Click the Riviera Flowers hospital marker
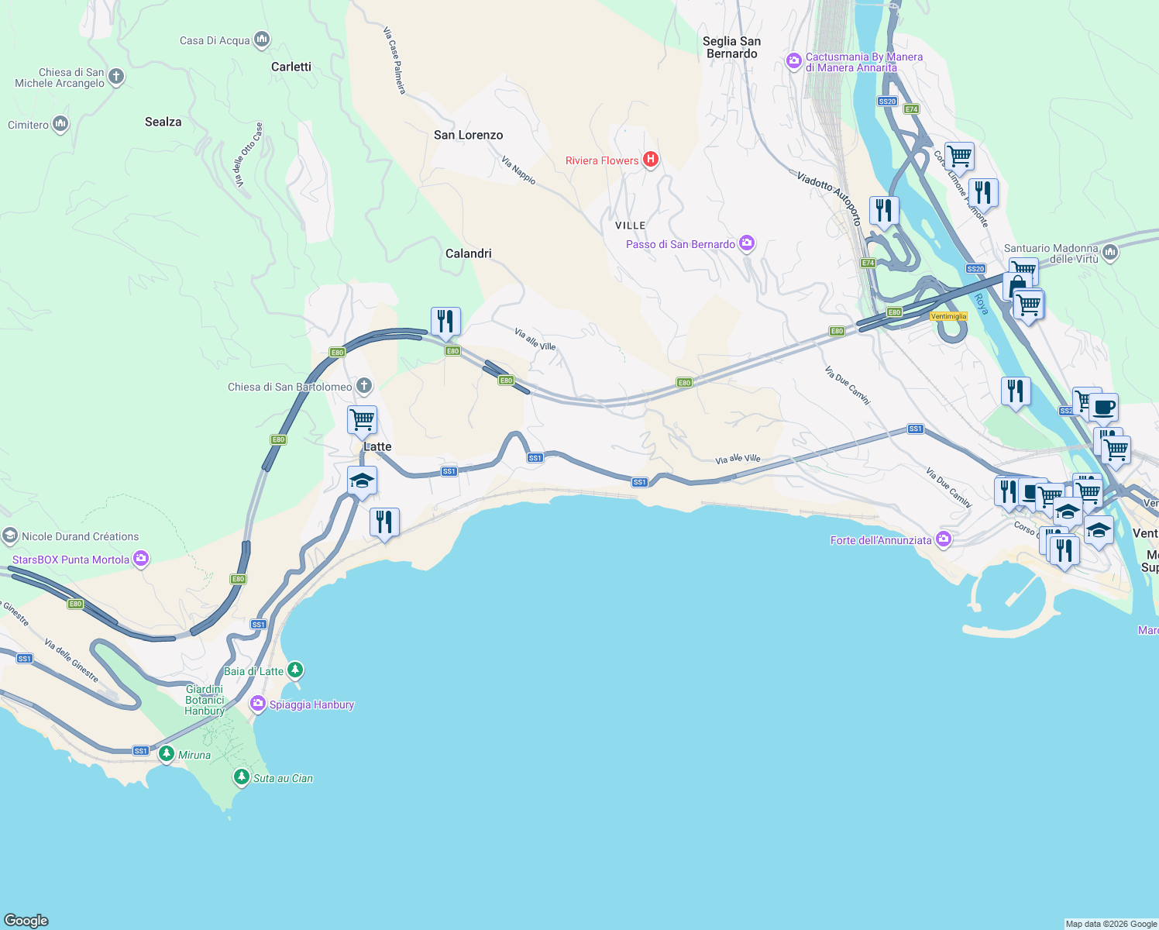click(651, 160)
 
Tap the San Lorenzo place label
click(468, 135)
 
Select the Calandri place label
click(468, 253)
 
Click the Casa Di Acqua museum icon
click(262, 40)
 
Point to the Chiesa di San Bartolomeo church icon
click(363, 386)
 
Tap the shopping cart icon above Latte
click(362, 420)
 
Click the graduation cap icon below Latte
click(362, 481)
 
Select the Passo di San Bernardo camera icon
click(747, 243)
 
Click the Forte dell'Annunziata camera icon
click(944, 539)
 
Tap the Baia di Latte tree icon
click(295, 670)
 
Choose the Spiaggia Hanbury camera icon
click(257, 704)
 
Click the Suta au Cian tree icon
click(242, 777)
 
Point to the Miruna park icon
click(167, 753)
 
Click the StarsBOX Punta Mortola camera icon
click(141, 559)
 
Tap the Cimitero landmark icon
click(60, 124)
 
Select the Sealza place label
click(163, 122)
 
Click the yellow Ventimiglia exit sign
click(948, 316)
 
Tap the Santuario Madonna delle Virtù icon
click(1109, 252)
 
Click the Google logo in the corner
click(26, 920)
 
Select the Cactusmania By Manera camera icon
click(793, 61)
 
